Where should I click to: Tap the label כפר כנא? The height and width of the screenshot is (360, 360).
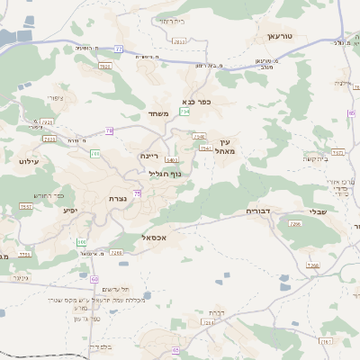tap(196, 102)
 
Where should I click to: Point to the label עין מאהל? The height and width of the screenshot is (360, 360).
tap(225, 146)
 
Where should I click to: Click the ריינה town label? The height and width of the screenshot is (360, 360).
tap(149, 156)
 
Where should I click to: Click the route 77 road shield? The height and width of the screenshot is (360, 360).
tap(119, 49)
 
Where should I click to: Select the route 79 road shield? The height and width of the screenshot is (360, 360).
tap(109, 131)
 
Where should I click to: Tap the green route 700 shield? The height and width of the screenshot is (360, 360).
tap(94, 154)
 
